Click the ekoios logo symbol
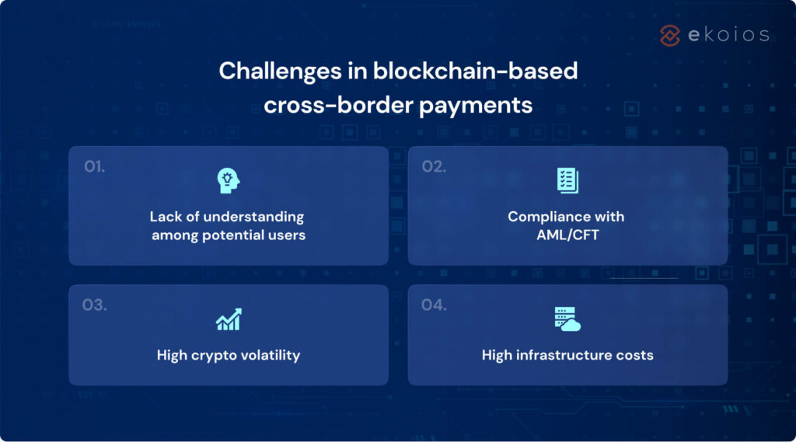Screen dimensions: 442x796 [670, 35]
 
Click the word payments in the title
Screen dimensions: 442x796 [476, 105]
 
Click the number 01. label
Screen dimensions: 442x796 [95, 166]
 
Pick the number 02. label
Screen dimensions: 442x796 [434, 166]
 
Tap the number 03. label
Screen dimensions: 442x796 [95, 305]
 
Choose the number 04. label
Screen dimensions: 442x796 [434, 305]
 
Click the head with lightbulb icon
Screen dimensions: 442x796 [229, 181]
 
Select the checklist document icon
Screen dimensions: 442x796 [567, 181]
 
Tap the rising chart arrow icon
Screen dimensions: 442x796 [229, 319]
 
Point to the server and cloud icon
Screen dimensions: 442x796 [567, 319]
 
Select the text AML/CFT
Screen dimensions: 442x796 [567, 235]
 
